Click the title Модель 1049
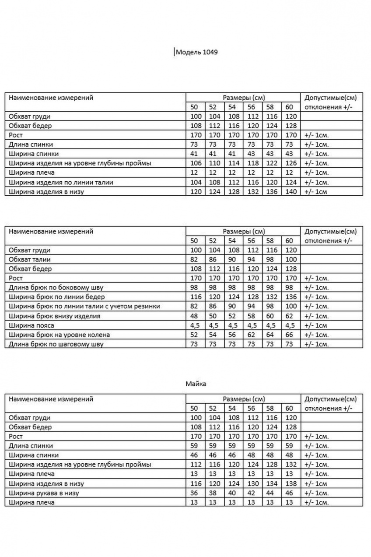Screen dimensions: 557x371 [196, 53]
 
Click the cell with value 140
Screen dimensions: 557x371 [290, 192]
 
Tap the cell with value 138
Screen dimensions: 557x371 [290, 484]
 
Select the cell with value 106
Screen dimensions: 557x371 [195, 163]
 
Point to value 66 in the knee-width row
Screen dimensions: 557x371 [290, 335]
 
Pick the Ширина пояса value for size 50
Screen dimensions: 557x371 [195, 325]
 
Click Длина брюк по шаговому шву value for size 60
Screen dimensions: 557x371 [290, 345]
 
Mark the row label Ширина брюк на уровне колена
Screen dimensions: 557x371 [59, 335]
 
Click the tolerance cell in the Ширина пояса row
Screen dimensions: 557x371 [315, 325]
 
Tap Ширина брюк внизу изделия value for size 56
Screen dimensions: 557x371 [252, 316]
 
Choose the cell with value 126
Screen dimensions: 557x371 [290, 163]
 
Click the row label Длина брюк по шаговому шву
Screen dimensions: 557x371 [56, 345]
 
